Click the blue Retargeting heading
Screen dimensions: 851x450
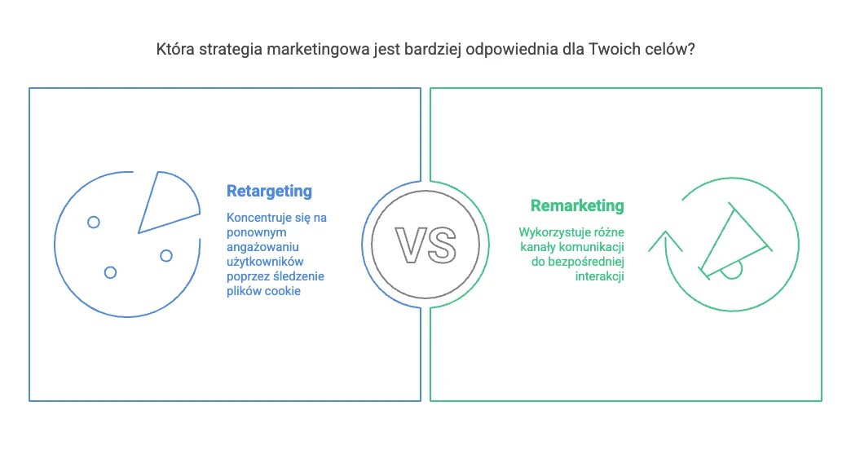[x=269, y=192]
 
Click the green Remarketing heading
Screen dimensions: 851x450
[x=577, y=205]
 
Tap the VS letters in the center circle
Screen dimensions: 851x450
[x=425, y=245]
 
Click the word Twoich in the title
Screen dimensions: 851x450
[x=612, y=49]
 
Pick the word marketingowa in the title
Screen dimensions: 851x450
[x=318, y=50]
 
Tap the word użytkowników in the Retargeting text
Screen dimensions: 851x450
[x=265, y=262]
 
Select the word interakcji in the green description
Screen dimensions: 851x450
[x=600, y=276]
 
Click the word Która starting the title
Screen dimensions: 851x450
[x=175, y=49]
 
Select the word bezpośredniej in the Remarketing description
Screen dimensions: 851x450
[x=586, y=262]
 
